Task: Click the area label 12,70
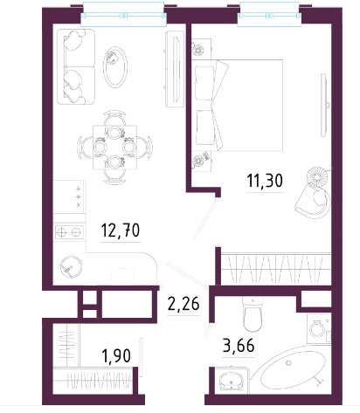121,230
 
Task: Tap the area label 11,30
265,181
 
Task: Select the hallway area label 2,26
183,304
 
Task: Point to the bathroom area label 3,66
239,345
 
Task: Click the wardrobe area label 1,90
116,355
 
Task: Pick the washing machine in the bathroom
319,328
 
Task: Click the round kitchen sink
71,267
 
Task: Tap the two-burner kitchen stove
69,232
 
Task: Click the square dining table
114,148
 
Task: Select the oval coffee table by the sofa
115,67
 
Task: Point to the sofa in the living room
76,66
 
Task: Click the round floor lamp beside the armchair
318,176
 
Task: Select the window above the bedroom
269,15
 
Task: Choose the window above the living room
123,15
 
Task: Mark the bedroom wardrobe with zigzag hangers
276,269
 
